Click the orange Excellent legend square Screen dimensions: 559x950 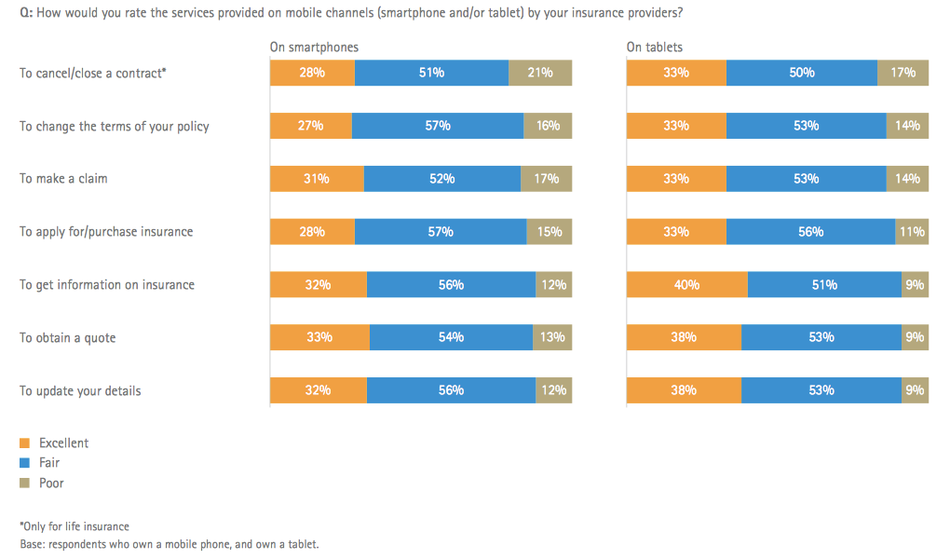[24, 443]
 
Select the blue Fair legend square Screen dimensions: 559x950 [24, 462]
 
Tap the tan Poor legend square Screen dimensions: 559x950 [24, 483]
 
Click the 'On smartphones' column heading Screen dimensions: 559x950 [314, 47]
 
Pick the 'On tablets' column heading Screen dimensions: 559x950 [655, 47]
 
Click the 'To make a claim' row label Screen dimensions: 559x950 [63, 178]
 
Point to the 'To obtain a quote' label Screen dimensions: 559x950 [68, 337]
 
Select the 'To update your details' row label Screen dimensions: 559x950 [80, 390]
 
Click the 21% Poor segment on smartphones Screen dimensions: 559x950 [540, 73]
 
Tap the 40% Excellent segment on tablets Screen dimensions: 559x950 [687, 285]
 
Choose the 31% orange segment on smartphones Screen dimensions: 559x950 [317, 179]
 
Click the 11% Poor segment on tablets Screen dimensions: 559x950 [912, 232]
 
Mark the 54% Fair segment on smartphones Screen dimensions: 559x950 [451, 337]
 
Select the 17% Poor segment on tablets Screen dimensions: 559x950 [902, 73]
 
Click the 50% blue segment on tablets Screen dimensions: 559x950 [802, 73]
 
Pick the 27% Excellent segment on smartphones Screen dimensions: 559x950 [311, 126]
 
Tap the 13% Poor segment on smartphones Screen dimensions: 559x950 [552, 337]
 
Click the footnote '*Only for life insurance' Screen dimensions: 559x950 [74, 526]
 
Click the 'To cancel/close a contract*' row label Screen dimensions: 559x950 [93, 73]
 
